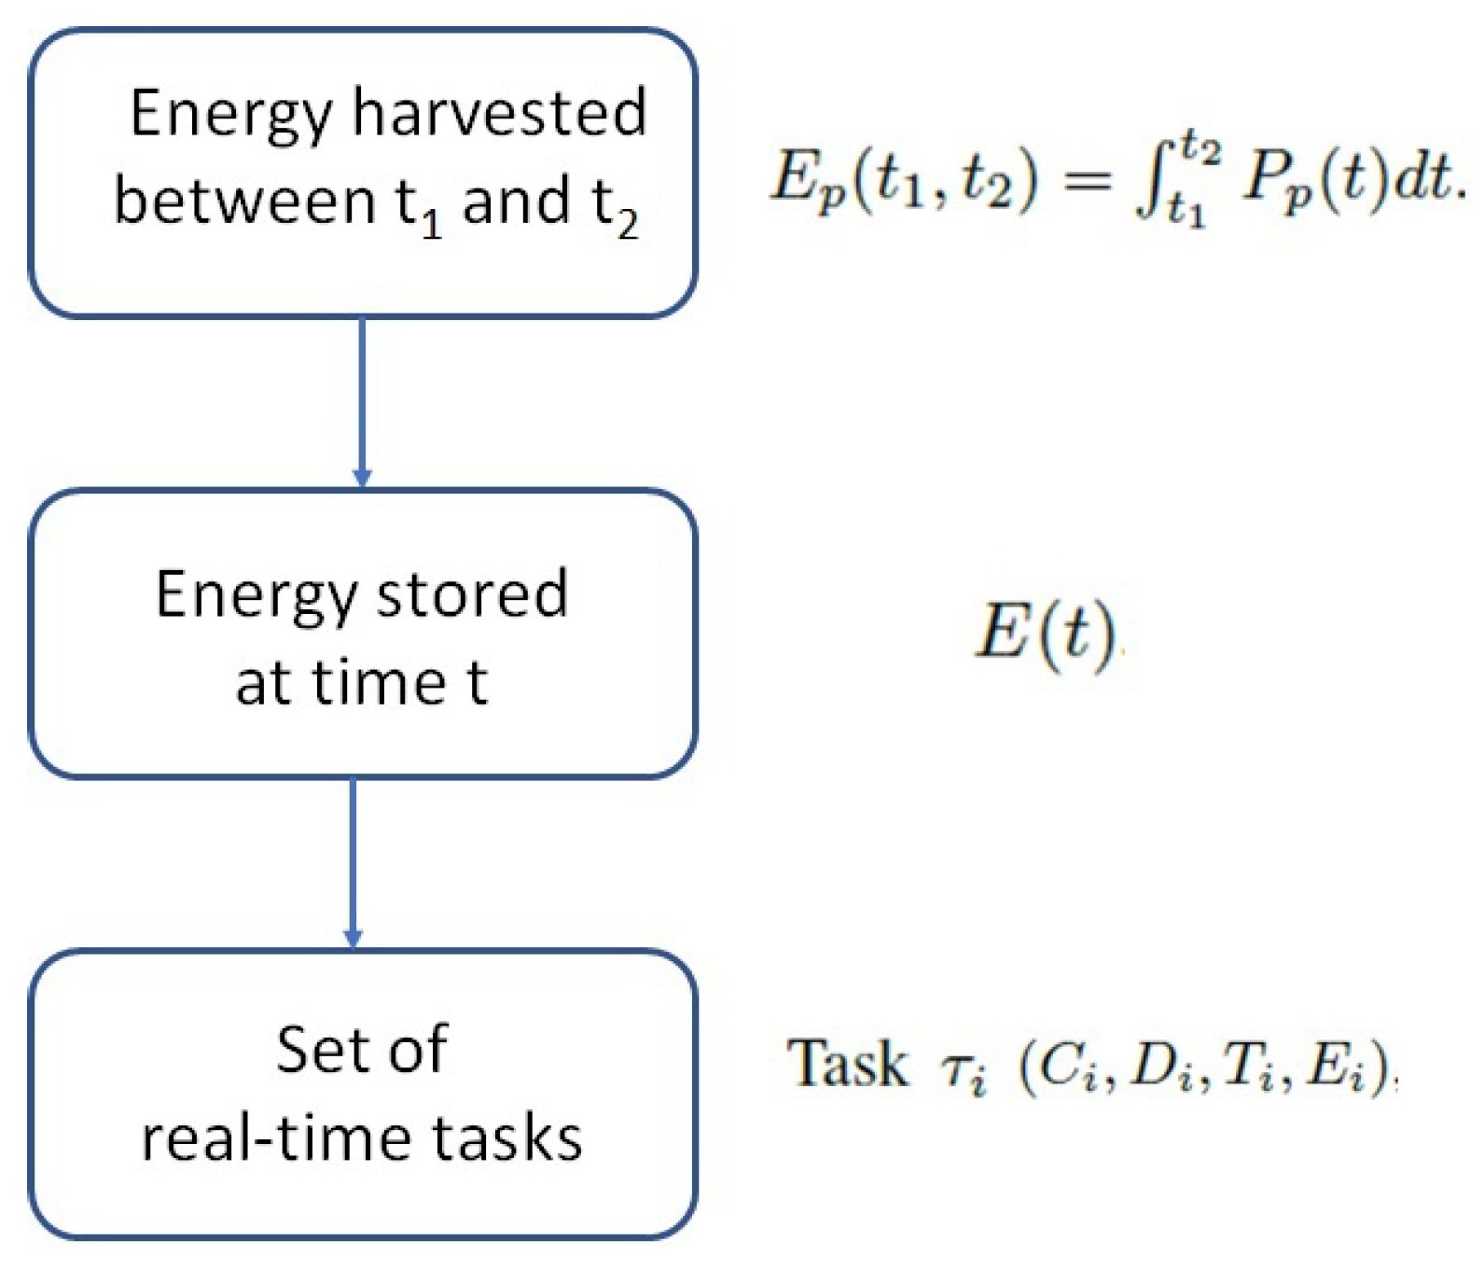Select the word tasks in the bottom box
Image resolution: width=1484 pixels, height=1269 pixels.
pos(506,1138)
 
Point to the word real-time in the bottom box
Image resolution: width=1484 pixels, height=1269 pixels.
pos(277,1138)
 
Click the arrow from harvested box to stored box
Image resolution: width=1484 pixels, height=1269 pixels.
pos(362,401)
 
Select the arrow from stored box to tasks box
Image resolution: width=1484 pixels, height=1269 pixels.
pos(353,863)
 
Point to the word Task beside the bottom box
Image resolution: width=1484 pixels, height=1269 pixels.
pos(847,1064)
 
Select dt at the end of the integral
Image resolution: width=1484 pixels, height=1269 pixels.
pos(1422,177)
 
